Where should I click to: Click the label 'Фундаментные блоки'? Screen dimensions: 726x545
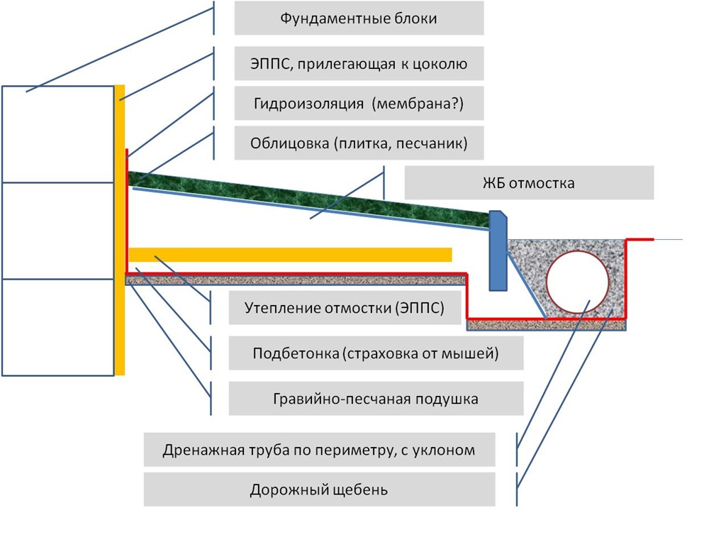[x=359, y=18]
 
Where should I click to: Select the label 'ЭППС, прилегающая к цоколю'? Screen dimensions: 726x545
[x=359, y=63]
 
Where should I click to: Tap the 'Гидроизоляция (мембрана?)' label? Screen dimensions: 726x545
[x=359, y=103]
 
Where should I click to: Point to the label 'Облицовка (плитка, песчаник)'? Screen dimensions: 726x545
[x=359, y=143]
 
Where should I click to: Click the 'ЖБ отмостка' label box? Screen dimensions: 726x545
[x=529, y=182]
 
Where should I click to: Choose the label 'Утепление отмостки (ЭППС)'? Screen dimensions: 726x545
[x=345, y=307]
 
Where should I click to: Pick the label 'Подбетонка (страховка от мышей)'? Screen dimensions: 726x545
[x=376, y=353]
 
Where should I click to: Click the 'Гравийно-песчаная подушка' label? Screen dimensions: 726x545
[x=376, y=398]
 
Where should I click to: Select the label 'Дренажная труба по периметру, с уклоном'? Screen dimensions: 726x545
[x=319, y=449]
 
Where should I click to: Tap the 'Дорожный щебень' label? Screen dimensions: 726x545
[x=319, y=490]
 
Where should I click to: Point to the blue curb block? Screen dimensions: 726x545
[x=498, y=251]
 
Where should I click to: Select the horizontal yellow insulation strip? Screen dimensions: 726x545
[x=290, y=255]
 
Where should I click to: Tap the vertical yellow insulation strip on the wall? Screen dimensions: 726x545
[x=120, y=230]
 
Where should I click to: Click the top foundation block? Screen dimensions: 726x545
[x=58, y=134]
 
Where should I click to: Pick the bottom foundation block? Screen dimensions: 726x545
[x=58, y=327]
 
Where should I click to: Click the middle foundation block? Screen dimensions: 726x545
[x=58, y=231]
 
